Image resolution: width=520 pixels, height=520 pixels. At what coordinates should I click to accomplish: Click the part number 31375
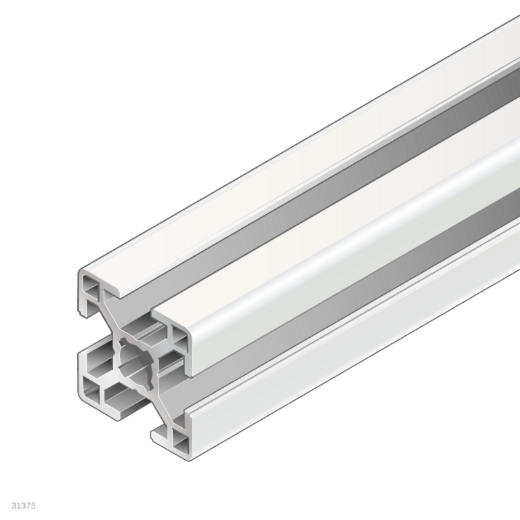[24, 506]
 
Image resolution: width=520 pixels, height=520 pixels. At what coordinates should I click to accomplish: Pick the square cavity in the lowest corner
[180, 441]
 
